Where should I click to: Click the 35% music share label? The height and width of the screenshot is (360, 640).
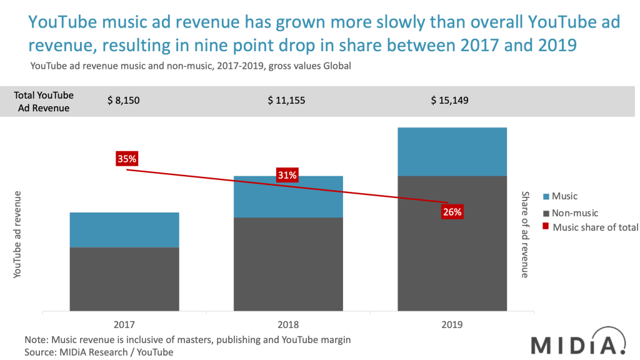[127, 159]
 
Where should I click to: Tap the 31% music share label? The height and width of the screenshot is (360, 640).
[287, 175]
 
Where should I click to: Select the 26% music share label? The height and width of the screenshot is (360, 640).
[452, 212]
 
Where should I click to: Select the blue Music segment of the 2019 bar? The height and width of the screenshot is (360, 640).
[452, 151]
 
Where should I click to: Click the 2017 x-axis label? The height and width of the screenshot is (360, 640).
[124, 325]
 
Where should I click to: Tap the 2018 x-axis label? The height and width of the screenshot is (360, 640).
[288, 325]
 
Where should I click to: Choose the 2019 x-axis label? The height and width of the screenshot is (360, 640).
[452, 325]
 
